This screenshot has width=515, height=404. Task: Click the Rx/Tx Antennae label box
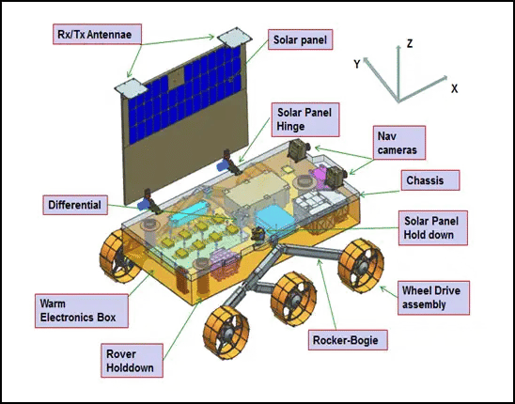pyautogui.click(x=97, y=34)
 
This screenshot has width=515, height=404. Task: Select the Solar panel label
pyautogui.click(x=300, y=39)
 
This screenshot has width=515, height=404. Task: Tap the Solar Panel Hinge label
pyautogui.click(x=305, y=119)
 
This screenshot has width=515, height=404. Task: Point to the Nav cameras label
pyautogui.click(x=399, y=143)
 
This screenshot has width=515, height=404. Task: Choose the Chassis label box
pyautogui.click(x=429, y=180)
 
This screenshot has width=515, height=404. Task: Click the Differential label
pyautogui.click(x=75, y=205)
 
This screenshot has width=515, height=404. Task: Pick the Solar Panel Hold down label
pyautogui.click(x=432, y=227)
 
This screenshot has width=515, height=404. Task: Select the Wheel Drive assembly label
pyautogui.click(x=433, y=298)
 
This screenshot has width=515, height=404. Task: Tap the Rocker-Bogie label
pyautogui.click(x=348, y=340)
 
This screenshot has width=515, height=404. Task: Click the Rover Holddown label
pyautogui.click(x=132, y=361)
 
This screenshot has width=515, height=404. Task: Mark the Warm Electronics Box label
pyautogui.click(x=82, y=310)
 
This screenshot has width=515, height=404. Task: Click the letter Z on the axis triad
pyautogui.click(x=409, y=43)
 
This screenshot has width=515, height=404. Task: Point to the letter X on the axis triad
pyautogui.click(x=454, y=88)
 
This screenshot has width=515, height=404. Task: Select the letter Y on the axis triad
pyautogui.click(x=357, y=64)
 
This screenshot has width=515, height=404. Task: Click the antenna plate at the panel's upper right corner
pyautogui.click(x=235, y=36)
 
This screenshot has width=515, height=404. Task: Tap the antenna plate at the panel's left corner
pyautogui.click(x=132, y=88)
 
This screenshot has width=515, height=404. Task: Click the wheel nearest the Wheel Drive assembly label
pyautogui.click(x=361, y=265)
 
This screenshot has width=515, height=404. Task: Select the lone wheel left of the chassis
pyautogui.click(x=118, y=256)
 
